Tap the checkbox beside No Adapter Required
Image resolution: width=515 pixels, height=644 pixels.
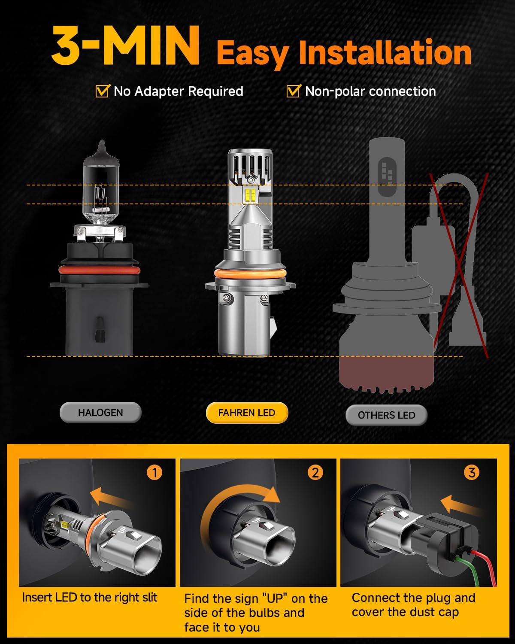point(102,91)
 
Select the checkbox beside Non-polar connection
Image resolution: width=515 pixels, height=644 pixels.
point(293,91)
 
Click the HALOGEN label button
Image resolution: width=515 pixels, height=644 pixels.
point(100,413)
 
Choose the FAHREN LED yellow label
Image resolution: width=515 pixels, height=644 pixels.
point(247,413)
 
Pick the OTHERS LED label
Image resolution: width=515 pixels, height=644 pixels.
point(386,415)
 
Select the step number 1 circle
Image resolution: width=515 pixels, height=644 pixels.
point(154,473)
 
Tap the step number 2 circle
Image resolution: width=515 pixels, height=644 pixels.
point(315,473)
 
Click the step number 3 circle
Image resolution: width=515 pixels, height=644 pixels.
point(472,473)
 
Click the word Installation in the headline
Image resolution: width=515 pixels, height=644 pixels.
point(385,53)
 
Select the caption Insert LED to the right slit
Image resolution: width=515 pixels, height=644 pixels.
point(90,598)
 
